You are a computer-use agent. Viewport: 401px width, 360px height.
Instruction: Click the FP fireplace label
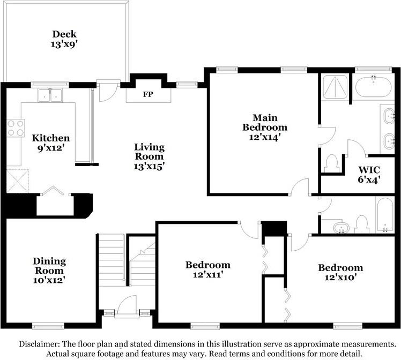click(x=148, y=94)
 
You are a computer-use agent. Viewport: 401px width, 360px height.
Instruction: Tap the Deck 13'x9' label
click(x=64, y=39)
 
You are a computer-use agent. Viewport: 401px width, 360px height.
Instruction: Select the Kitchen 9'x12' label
click(x=51, y=143)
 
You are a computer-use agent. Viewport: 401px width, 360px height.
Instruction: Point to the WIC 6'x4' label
click(x=369, y=175)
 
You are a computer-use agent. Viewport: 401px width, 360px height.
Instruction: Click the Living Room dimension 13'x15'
click(x=149, y=166)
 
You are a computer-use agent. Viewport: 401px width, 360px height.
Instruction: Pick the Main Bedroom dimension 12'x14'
click(x=265, y=137)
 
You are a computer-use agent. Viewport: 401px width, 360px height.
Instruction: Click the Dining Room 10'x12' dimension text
click(x=49, y=280)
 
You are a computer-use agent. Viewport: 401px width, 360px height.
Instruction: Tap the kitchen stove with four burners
click(x=16, y=128)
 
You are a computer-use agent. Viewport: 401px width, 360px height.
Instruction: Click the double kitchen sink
click(x=50, y=95)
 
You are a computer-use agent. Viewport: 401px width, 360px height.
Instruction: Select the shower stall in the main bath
click(x=335, y=87)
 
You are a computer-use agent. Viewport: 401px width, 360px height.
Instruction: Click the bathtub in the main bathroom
click(x=373, y=87)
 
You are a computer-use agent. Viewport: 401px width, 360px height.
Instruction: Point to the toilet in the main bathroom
click(x=331, y=163)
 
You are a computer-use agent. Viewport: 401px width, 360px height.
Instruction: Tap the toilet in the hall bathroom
click(x=361, y=224)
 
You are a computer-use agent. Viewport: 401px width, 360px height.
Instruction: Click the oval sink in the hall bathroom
click(x=341, y=227)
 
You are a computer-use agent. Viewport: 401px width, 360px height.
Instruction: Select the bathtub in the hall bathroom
click(x=385, y=215)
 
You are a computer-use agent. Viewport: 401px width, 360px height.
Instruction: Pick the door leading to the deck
click(x=108, y=92)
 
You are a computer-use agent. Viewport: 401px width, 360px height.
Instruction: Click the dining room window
click(x=48, y=326)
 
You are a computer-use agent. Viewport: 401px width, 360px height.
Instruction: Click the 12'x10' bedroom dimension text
click(x=340, y=277)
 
